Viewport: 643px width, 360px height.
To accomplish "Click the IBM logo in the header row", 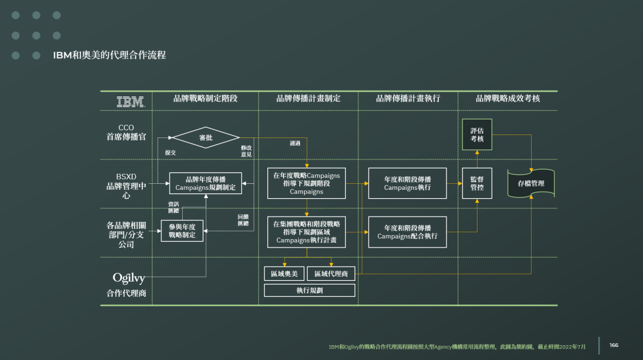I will [x=130, y=102].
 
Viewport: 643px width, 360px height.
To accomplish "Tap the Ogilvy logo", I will [x=129, y=278].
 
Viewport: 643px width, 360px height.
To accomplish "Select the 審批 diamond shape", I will [x=205, y=137].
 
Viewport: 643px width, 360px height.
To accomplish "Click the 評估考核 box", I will [x=477, y=134].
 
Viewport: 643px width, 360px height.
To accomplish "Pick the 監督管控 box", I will [x=477, y=183].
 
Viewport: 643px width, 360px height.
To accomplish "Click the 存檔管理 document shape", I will [x=530, y=183].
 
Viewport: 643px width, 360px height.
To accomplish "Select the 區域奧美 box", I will [x=284, y=274].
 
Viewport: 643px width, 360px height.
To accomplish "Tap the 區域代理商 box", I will [x=331, y=274].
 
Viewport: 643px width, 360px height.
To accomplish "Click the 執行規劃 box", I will [x=309, y=290].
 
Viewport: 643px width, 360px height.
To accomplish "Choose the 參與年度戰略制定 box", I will [x=182, y=231].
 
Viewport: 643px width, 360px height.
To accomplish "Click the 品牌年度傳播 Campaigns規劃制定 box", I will [x=205, y=183].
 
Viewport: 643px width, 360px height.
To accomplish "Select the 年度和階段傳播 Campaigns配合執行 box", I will [x=407, y=232].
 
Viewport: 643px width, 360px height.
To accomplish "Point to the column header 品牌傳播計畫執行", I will [x=408, y=99].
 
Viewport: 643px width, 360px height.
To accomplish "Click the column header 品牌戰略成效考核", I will [x=507, y=99].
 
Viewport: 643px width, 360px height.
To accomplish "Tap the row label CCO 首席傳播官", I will [x=126, y=132].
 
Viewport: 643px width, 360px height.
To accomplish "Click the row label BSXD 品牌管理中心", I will [x=126, y=186].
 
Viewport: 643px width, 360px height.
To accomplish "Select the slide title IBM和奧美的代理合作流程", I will [x=110, y=55].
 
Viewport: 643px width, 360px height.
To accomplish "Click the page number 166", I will [x=613, y=345].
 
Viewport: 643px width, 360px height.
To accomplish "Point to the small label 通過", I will [x=295, y=143].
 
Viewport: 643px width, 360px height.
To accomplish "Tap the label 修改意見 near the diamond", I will [x=246, y=151].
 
